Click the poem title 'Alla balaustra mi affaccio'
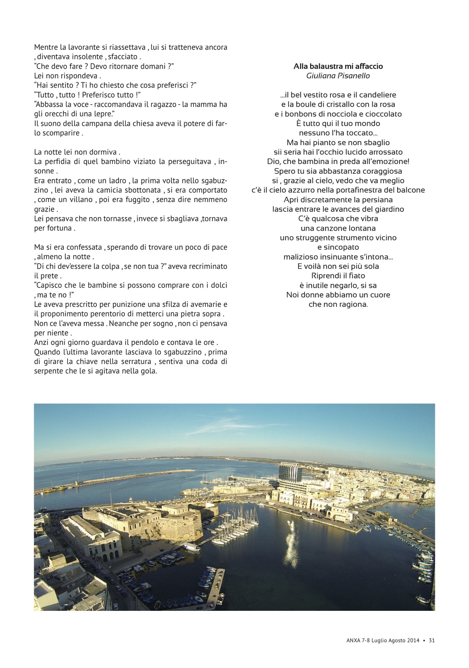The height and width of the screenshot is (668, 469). pyautogui.click(x=338, y=66)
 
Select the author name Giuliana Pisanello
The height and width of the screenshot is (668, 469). pyautogui.click(x=338, y=76)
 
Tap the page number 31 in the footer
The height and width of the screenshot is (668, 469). pyautogui.click(x=431, y=641)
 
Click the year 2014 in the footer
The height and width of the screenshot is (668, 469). pyautogui.click(x=413, y=641)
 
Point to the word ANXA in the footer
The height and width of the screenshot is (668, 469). pyautogui.click(x=353, y=641)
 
